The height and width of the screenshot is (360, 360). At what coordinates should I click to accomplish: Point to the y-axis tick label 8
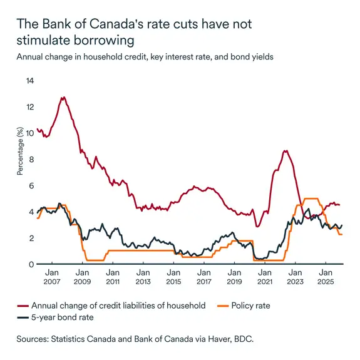pyautogui.click(x=29, y=160)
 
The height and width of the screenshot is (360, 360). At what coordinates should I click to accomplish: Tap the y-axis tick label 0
pyautogui.click(x=29, y=264)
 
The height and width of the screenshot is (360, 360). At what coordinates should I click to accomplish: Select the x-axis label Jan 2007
pyautogui.click(x=53, y=277)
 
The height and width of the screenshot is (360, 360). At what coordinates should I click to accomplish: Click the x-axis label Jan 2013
pyautogui.click(x=143, y=277)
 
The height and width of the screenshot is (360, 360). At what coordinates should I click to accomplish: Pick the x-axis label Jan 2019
pyautogui.click(x=234, y=277)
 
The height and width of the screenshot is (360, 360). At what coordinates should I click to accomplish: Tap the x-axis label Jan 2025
pyautogui.click(x=325, y=277)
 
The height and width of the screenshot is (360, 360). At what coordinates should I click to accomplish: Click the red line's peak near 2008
pyautogui.click(x=63, y=98)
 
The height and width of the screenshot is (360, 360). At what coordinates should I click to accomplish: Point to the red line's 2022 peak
pyautogui.click(x=285, y=151)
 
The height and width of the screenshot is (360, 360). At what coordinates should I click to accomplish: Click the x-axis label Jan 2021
pyautogui.click(x=264, y=277)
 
